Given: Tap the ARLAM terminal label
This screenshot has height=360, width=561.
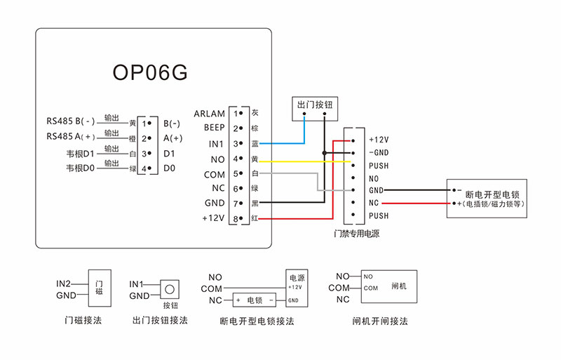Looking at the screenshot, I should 209,114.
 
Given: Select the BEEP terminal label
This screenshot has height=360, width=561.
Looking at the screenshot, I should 214,128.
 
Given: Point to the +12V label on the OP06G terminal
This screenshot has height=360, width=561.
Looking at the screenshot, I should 212,218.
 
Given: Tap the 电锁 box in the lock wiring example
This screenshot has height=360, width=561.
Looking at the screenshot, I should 255,300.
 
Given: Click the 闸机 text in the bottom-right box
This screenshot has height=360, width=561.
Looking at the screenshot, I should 399,286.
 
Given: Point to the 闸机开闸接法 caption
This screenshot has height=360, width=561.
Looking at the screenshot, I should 380,321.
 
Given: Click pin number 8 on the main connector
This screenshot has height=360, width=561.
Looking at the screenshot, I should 236,218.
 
